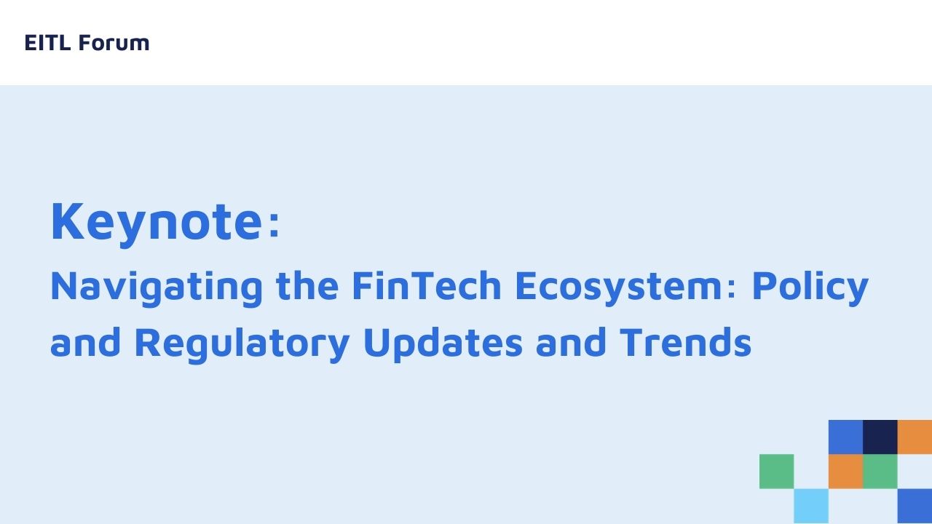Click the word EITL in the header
tap(47, 43)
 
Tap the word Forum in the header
tap(114, 43)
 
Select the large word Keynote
tap(157, 223)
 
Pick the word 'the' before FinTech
tap(307, 285)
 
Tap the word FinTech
tap(427, 285)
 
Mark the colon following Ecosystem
tap(732, 289)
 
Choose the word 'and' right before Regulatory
tap(85, 342)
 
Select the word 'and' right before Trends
tap(570, 342)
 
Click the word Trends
tap(686, 342)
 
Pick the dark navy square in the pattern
tap(880, 437)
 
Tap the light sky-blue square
tap(811, 506)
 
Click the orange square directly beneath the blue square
tap(845, 472)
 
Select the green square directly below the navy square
tap(880, 472)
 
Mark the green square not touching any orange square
tap(776, 472)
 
